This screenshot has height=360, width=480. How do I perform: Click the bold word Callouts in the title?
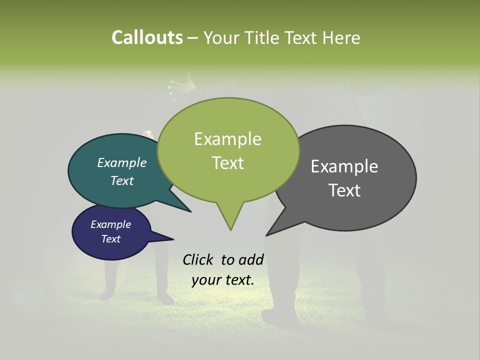click(x=147, y=38)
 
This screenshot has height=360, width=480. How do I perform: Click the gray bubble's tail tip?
click(x=267, y=235)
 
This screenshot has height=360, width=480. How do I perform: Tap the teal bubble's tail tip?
click(x=190, y=211)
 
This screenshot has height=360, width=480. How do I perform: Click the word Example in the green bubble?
click(x=227, y=139)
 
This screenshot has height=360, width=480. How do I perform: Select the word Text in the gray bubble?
click(x=344, y=190)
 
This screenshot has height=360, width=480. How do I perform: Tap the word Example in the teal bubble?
click(x=121, y=162)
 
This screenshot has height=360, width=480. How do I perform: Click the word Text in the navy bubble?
click(x=111, y=239)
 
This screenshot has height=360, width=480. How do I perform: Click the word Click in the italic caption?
click(x=199, y=259)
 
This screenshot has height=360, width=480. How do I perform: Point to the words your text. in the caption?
click(x=223, y=280)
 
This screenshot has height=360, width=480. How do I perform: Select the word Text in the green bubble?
click(x=228, y=163)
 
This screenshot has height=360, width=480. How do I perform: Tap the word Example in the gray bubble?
click(x=344, y=166)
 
